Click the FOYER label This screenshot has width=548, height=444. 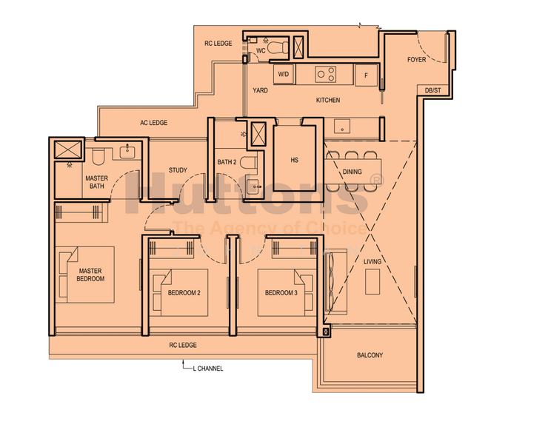[x=417, y=60]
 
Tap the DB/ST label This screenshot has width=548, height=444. [x=432, y=90]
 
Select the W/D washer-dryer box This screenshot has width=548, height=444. [x=284, y=74]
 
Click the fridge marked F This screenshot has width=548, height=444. [x=367, y=75]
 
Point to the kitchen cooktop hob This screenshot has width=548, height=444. [x=325, y=75]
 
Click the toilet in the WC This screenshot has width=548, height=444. [x=278, y=47]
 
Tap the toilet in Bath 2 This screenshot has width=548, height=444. [x=249, y=163]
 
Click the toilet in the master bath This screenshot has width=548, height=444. [x=98, y=157]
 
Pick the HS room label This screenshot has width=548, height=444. [x=294, y=160]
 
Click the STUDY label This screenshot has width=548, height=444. [x=178, y=170]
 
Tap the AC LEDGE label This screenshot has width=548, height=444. [x=154, y=123]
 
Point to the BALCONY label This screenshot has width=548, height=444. [x=370, y=355]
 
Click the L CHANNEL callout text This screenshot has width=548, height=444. [x=208, y=369]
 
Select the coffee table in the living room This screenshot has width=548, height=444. [x=372, y=281]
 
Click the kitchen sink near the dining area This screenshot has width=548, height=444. [x=342, y=126]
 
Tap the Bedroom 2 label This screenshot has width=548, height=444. [x=184, y=293]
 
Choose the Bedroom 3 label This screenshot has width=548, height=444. [x=281, y=293]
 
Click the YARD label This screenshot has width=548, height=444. [x=261, y=90]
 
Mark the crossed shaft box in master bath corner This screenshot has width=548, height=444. [x=68, y=149]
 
